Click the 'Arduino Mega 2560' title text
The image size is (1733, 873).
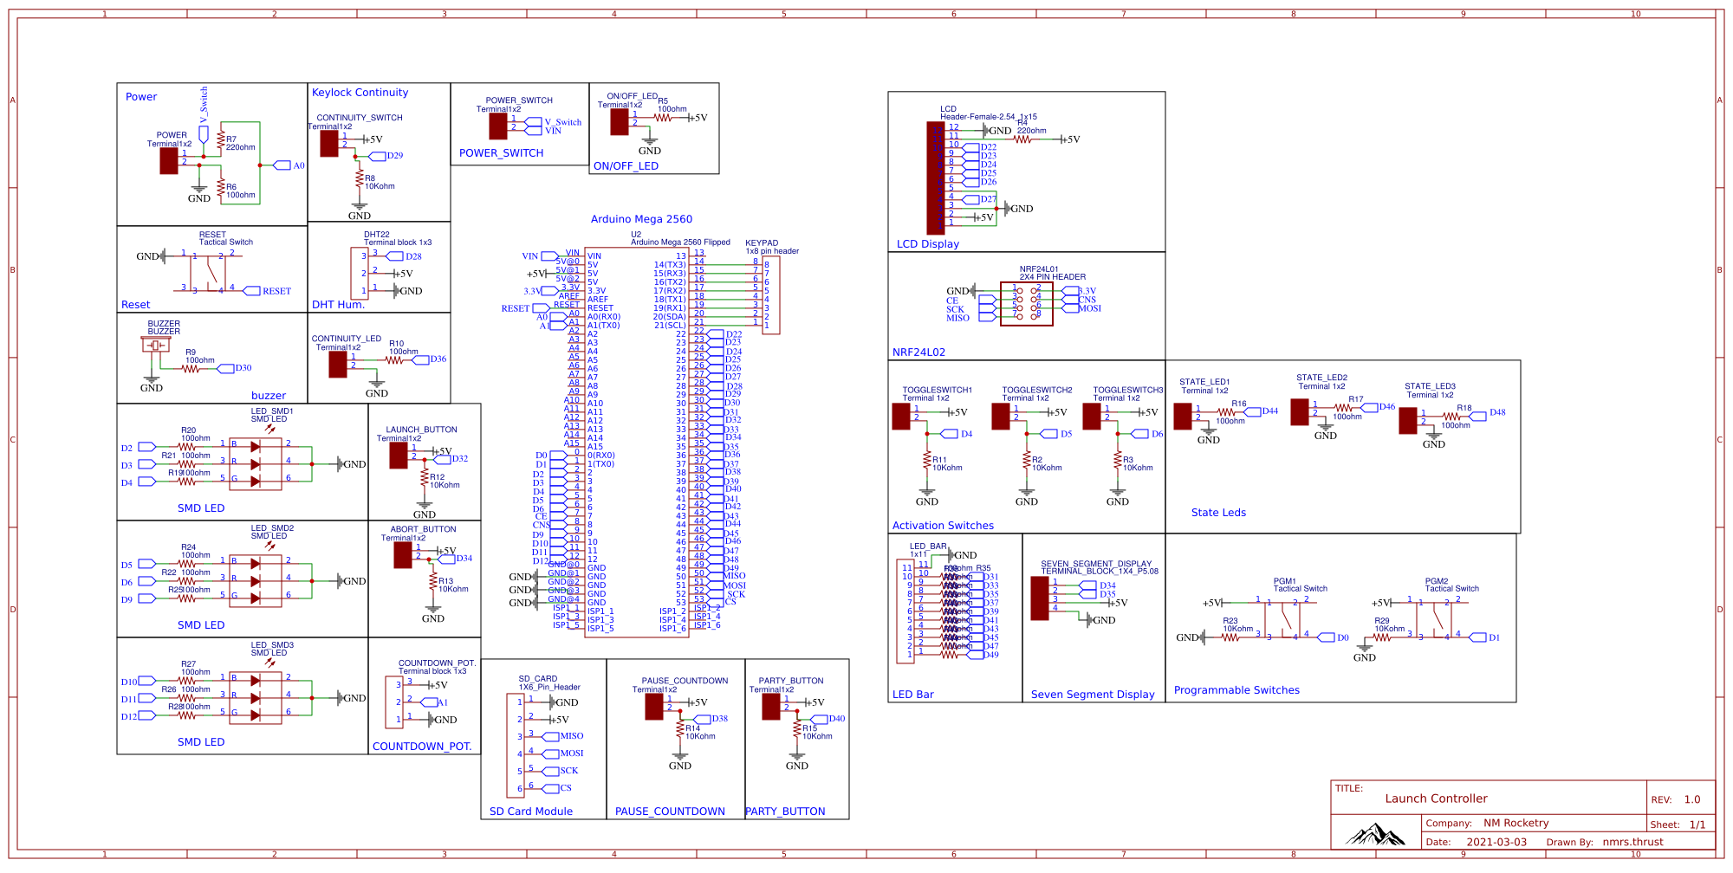point(641,219)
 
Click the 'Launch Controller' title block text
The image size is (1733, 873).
point(1436,799)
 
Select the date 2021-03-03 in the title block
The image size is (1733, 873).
point(1496,842)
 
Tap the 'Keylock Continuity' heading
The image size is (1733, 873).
point(360,93)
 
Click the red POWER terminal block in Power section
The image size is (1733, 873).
point(169,160)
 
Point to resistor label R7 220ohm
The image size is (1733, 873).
point(240,143)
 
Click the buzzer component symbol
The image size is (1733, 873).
point(157,345)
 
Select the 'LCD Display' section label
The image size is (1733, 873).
point(927,244)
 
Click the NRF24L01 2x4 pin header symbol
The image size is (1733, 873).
point(1027,303)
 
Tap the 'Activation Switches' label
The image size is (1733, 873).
point(943,526)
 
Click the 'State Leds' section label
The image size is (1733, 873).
point(1218,513)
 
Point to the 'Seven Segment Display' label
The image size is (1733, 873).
point(1093,695)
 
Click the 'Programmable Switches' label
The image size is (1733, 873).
point(1236,690)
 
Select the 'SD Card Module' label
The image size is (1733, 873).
point(530,812)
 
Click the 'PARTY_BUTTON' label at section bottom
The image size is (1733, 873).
point(785,812)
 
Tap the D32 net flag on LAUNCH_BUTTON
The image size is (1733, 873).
point(458,459)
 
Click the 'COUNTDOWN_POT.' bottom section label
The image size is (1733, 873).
point(422,747)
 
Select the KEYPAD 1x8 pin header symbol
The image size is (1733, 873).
point(770,294)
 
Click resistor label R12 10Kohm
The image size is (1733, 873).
point(444,481)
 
